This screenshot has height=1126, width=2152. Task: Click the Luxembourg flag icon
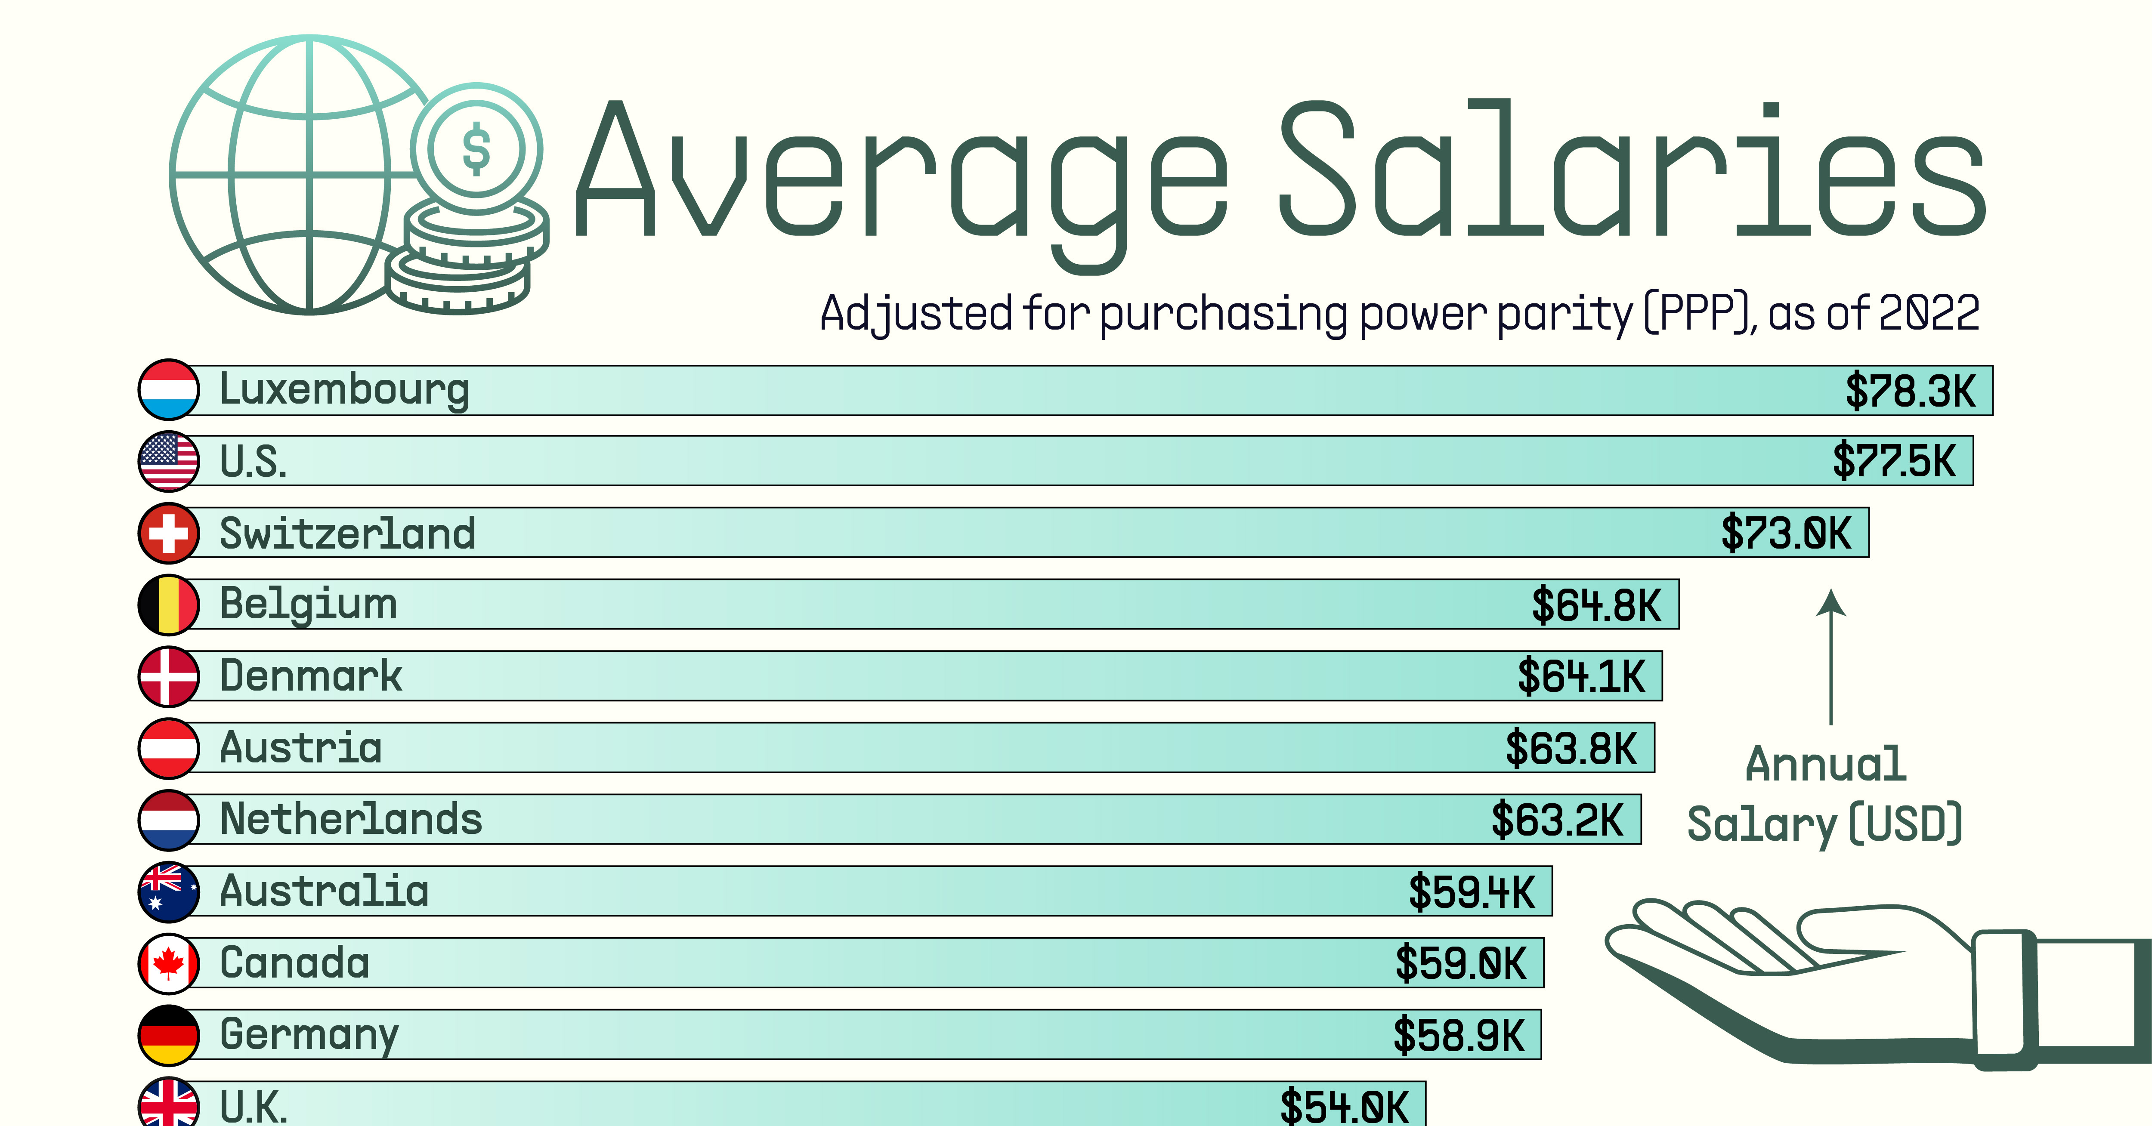pos(169,389)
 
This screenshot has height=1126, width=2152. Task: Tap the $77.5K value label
pos(1894,461)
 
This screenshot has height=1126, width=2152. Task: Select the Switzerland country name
pos(347,533)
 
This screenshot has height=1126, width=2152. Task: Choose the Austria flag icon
pos(169,748)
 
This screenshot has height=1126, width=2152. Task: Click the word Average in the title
pos(902,176)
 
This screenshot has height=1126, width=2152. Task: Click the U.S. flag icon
pos(169,461)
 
